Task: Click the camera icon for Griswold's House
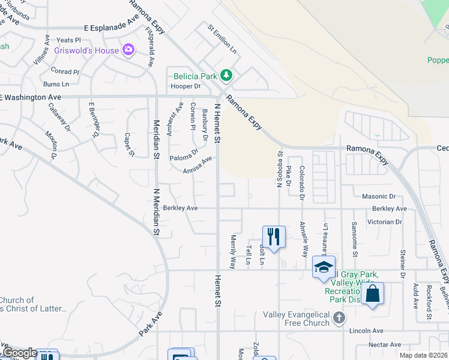tap(128, 50)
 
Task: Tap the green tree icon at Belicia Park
tap(226, 76)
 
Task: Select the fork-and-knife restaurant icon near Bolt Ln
tap(273, 236)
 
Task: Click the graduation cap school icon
tap(324, 266)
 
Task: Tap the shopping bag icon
tap(372, 294)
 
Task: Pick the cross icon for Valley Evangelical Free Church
tap(340, 317)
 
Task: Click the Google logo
tap(19, 353)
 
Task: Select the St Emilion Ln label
tap(223, 39)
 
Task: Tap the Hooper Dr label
tap(185, 86)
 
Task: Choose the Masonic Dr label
tap(379, 196)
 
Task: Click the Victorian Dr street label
tap(387, 221)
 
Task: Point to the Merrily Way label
tap(233, 251)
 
